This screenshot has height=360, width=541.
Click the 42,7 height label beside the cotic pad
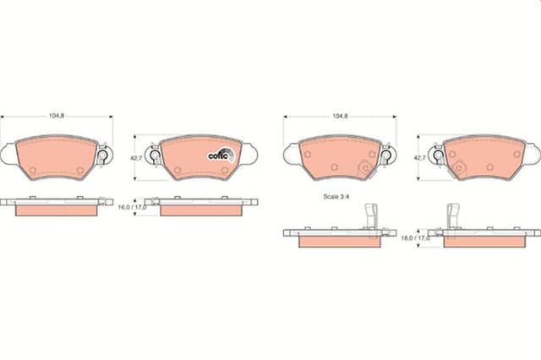pyautogui.click(x=135, y=157)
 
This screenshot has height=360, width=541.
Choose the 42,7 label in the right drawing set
pyautogui.click(x=419, y=157)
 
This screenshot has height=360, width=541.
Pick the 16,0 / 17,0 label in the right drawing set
pyautogui.click(x=414, y=238)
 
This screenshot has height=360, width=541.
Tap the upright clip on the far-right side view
pyautogui.click(x=453, y=216)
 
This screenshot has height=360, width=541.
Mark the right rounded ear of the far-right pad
pyautogui.click(x=534, y=153)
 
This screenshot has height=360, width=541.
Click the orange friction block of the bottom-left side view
pyautogui.click(x=55, y=210)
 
